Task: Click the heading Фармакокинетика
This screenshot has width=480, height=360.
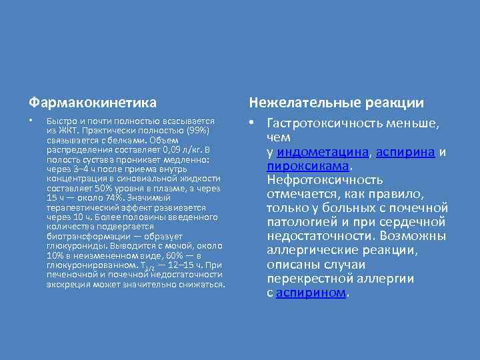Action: click(93, 103)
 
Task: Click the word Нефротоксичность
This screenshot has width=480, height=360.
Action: click(325, 180)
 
